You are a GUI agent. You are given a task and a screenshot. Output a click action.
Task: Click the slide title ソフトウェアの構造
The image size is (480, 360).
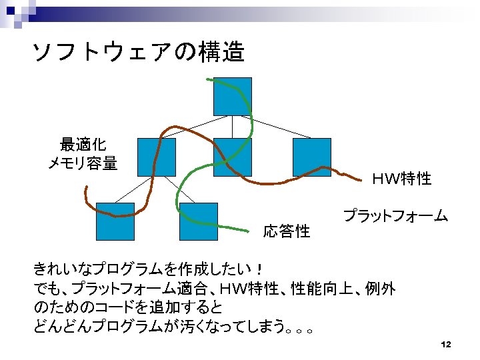tap(139, 52)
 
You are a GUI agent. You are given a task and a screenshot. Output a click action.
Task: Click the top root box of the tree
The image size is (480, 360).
tap(232, 96)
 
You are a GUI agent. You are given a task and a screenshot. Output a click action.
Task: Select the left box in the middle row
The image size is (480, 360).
tap(156, 157)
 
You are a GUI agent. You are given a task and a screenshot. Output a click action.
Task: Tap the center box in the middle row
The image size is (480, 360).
tap(232, 157)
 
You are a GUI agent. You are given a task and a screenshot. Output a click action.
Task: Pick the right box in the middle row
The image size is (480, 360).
tap(311, 157)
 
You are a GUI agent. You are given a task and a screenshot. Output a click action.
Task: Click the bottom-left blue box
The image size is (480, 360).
tap(115, 221)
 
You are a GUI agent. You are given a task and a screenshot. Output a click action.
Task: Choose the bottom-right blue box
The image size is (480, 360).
tap(199, 221)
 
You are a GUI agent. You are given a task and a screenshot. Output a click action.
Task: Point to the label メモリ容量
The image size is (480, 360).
tap(83, 163)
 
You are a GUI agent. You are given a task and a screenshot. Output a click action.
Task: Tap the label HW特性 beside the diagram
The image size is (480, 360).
tap(401, 179)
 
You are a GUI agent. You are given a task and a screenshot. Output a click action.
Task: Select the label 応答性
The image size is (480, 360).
tap(287, 231)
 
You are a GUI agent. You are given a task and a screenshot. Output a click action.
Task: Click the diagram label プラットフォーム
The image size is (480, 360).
tap(395, 215)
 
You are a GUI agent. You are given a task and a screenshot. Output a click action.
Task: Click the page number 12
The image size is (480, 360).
tap(446, 345)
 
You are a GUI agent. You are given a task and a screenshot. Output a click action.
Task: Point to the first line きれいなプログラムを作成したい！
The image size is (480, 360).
tap(150, 270)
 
